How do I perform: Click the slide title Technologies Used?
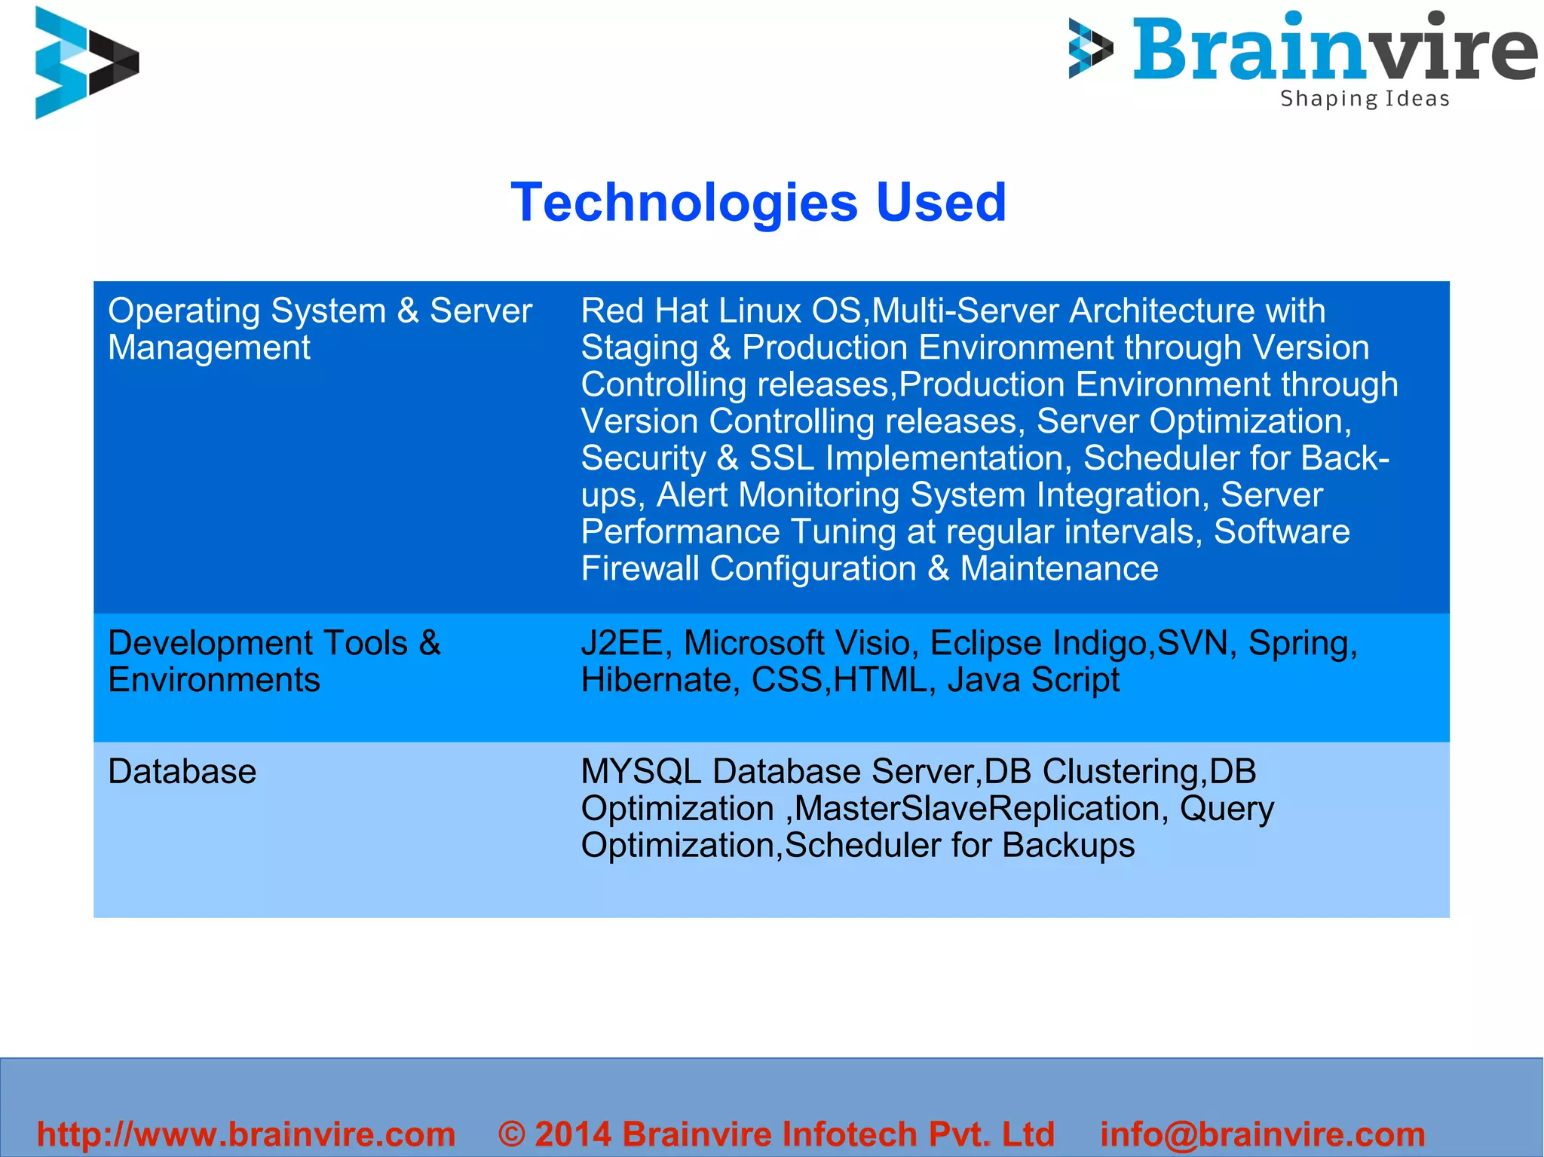tap(758, 203)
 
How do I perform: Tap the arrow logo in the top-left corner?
tap(85, 63)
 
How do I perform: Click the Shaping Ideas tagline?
tap(1365, 99)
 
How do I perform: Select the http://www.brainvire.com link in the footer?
tap(246, 1134)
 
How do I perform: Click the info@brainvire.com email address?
tap(1263, 1134)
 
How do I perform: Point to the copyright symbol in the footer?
tap(512, 1134)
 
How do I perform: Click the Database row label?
tap(182, 772)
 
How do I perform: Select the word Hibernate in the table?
tap(655, 680)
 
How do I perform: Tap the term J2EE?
tap(622, 643)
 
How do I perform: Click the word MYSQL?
tap(641, 772)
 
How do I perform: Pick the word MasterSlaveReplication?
tap(976, 809)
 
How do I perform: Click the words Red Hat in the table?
tap(645, 311)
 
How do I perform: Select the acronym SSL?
tap(782, 458)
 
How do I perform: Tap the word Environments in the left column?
tap(214, 680)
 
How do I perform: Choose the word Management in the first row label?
tap(209, 347)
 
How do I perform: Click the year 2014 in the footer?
tap(573, 1134)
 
